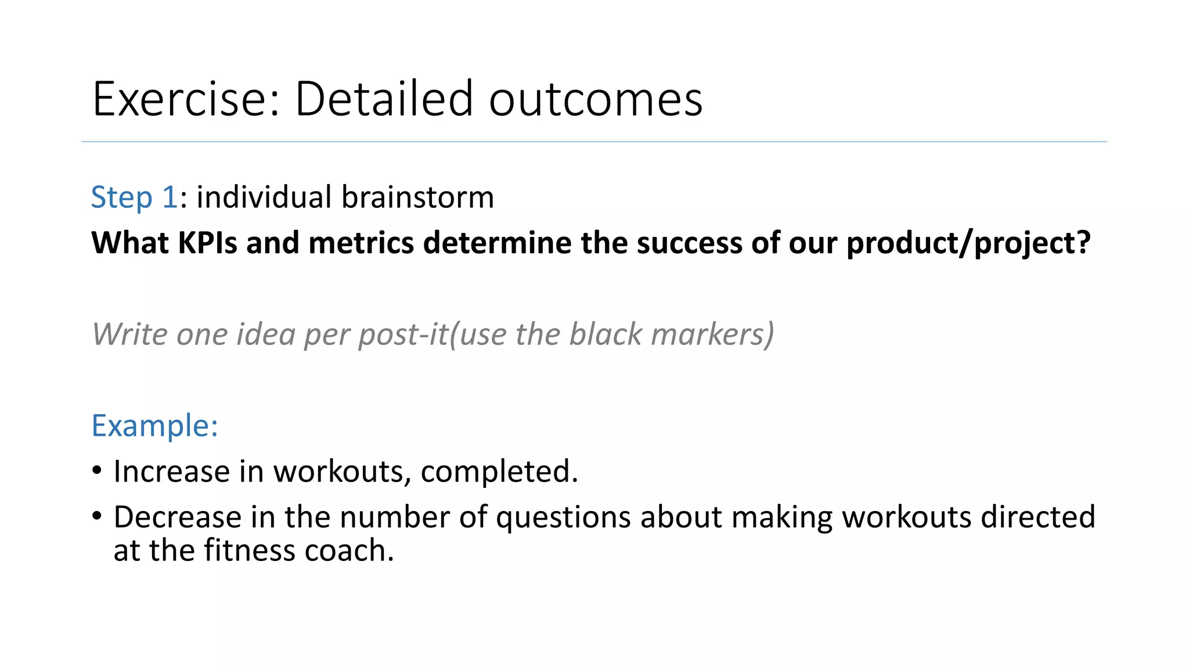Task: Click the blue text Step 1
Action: click(x=134, y=197)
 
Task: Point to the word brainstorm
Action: click(x=417, y=197)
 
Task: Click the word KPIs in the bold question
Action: click(x=207, y=243)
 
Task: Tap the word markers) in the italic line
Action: click(x=712, y=334)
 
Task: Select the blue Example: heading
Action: click(x=154, y=426)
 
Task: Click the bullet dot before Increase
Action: click(x=97, y=469)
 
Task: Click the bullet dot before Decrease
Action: click(x=97, y=515)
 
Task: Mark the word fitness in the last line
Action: click(x=250, y=551)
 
